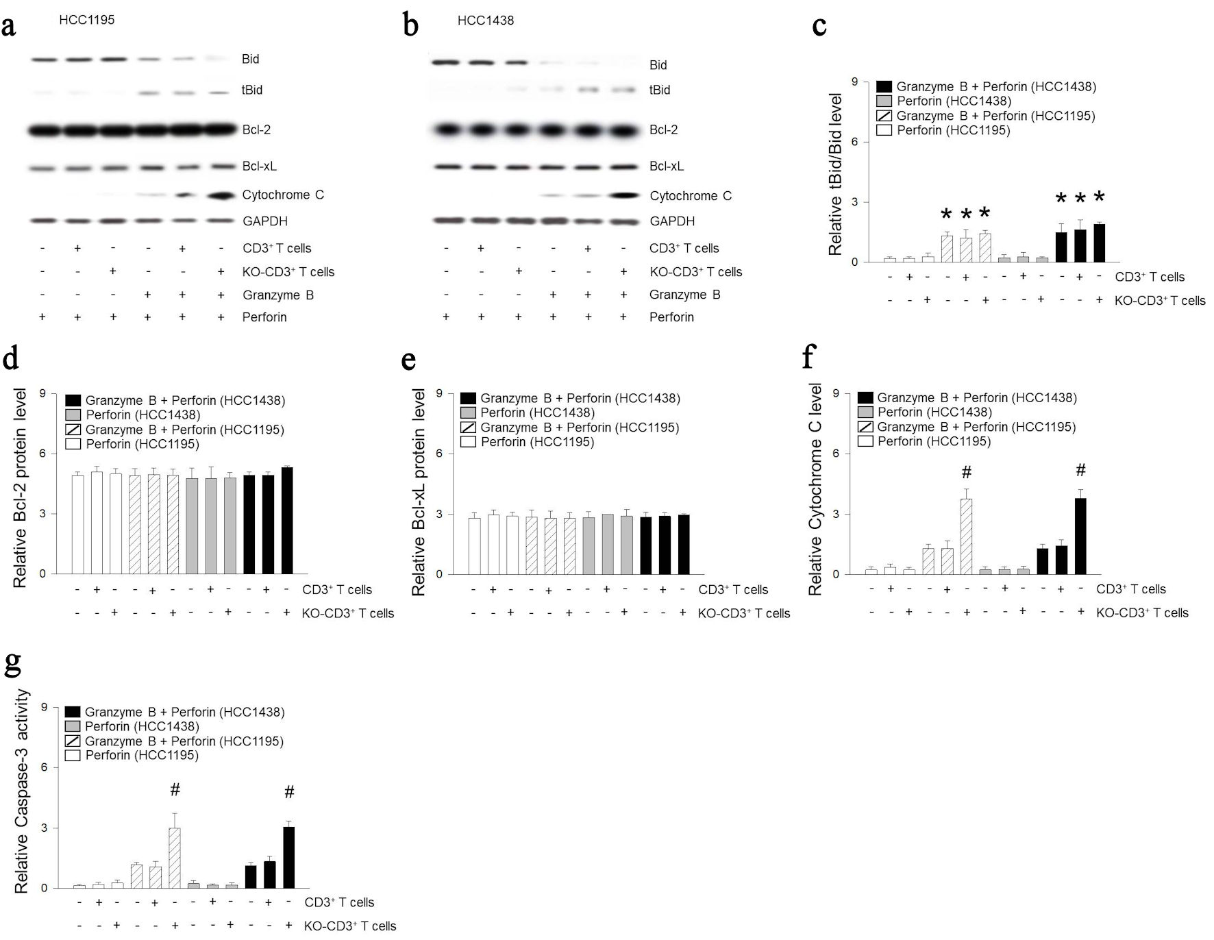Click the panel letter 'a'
coord(9,27)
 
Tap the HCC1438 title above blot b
coord(485,21)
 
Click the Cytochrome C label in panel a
coord(283,195)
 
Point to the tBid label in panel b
coord(660,90)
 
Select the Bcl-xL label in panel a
coord(259,166)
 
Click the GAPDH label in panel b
coord(672,221)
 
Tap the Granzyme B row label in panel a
coord(278,295)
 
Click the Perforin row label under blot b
coord(671,317)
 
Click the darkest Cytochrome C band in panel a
coord(221,196)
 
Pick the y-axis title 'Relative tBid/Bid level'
coord(835,175)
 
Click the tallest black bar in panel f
coord(1080,536)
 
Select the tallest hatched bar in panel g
coord(175,858)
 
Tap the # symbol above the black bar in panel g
coord(289,792)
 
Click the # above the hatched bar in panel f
coord(967,472)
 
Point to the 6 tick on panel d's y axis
coord(43,454)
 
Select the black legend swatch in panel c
coord(884,87)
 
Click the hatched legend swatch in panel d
coord(73,430)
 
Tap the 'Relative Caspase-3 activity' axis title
coord(22,791)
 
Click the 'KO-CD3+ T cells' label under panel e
coord(744,613)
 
